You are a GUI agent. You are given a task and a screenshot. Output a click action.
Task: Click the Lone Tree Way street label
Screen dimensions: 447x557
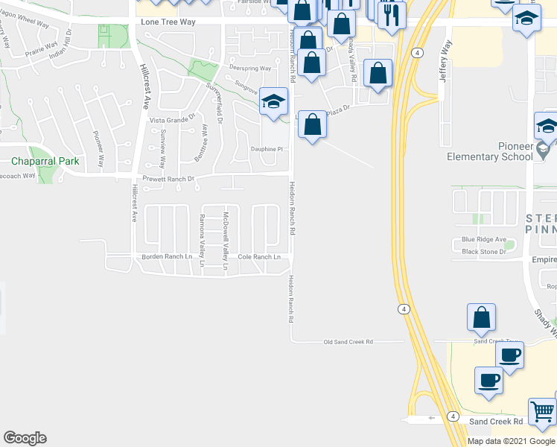[x=168, y=22]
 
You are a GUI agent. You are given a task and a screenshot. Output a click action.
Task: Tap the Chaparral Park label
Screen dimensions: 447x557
[x=39, y=161]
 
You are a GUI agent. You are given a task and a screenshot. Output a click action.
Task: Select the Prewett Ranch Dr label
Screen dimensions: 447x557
[x=168, y=179]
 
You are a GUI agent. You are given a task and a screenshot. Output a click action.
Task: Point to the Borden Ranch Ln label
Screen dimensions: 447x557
[x=166, y=257]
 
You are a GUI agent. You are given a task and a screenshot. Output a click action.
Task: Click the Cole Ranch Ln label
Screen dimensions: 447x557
[x=259, y=257]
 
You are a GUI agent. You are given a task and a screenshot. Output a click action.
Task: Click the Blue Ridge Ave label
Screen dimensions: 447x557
[x=483, y=240]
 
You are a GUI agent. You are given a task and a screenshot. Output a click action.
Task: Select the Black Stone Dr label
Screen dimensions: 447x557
[x=483, y=252]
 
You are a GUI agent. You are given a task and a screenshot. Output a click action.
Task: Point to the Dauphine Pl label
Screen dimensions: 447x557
[x=267, y=149]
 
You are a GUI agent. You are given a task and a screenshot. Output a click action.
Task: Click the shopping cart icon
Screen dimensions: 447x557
[x=542, y=411]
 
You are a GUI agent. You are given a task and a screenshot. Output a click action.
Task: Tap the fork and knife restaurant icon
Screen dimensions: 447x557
[x=391, y=14]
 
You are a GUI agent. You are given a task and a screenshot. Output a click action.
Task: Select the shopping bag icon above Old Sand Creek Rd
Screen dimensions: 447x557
[x=482, y=317]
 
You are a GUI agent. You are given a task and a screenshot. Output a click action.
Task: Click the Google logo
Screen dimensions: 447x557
[x=25, y=438]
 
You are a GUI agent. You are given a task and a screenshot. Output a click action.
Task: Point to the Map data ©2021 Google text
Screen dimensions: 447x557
[x=511, y=441]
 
